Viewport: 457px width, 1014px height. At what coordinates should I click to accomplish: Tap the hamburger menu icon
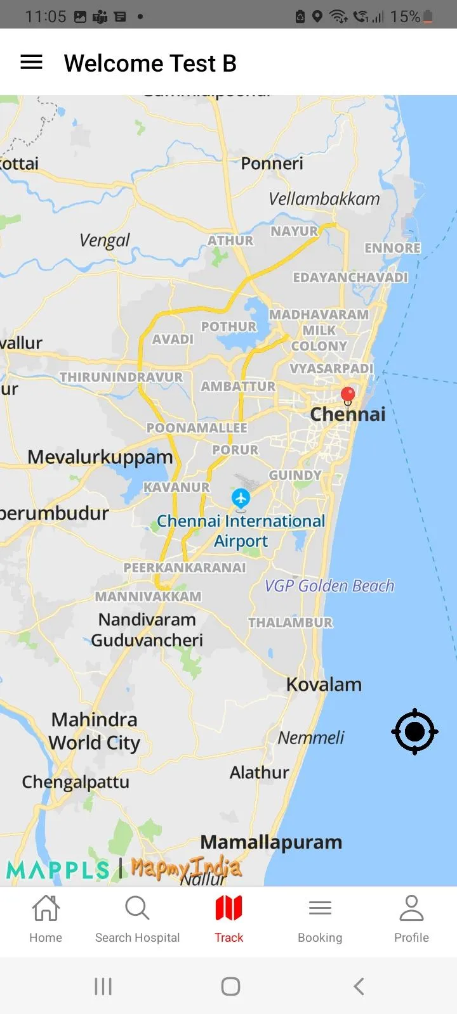[32, 62]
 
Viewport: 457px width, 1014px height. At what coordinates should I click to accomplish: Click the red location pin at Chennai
[348, 395]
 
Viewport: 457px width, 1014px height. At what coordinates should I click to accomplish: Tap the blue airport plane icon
[241, 497]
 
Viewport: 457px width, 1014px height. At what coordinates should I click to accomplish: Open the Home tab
[46, 919]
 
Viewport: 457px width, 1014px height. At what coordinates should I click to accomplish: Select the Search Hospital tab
[137, 919]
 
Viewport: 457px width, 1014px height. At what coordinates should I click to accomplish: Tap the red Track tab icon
[228, 909]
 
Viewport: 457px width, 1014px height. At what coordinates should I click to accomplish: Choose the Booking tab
[320, 919]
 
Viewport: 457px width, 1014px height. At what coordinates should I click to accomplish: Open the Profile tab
[411, 919]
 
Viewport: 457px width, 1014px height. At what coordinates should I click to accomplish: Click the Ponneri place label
[272, 164]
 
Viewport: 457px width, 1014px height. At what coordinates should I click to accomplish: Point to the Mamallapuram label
[271, 842]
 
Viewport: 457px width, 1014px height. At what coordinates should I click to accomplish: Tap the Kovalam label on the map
[324, 684]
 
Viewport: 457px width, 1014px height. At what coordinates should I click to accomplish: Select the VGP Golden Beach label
[329, 586]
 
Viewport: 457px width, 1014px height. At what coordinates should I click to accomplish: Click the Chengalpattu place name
[76, 782]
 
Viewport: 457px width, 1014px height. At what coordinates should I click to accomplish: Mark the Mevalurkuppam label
[100, 457]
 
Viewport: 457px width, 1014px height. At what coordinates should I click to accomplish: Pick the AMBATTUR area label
[238, 386]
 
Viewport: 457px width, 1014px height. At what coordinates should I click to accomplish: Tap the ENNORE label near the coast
[392, 248]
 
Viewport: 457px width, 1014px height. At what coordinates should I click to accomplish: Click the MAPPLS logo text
[58, 870]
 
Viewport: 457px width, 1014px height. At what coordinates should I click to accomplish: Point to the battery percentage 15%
[405, 16]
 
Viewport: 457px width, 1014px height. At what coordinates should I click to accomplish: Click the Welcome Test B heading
[150, 63]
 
